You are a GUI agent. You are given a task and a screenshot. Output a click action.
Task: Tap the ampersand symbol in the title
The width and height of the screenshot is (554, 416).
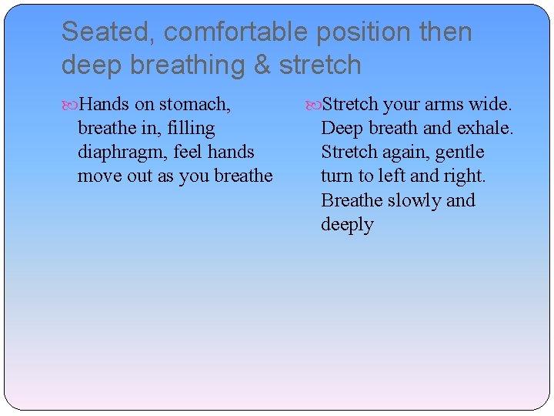(x=262, y=65)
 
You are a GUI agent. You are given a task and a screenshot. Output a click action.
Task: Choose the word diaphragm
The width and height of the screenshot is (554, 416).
(x=122, y=152)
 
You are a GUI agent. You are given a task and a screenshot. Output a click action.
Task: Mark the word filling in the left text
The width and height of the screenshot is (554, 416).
(x=189, y=128)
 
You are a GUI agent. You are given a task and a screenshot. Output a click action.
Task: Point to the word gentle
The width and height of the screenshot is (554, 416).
(x=459, y=152)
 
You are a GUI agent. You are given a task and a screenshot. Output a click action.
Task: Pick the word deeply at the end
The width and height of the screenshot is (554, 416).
(x=347, y=225)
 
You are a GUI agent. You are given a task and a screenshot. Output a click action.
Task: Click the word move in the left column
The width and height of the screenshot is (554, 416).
(x=98, y=176)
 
